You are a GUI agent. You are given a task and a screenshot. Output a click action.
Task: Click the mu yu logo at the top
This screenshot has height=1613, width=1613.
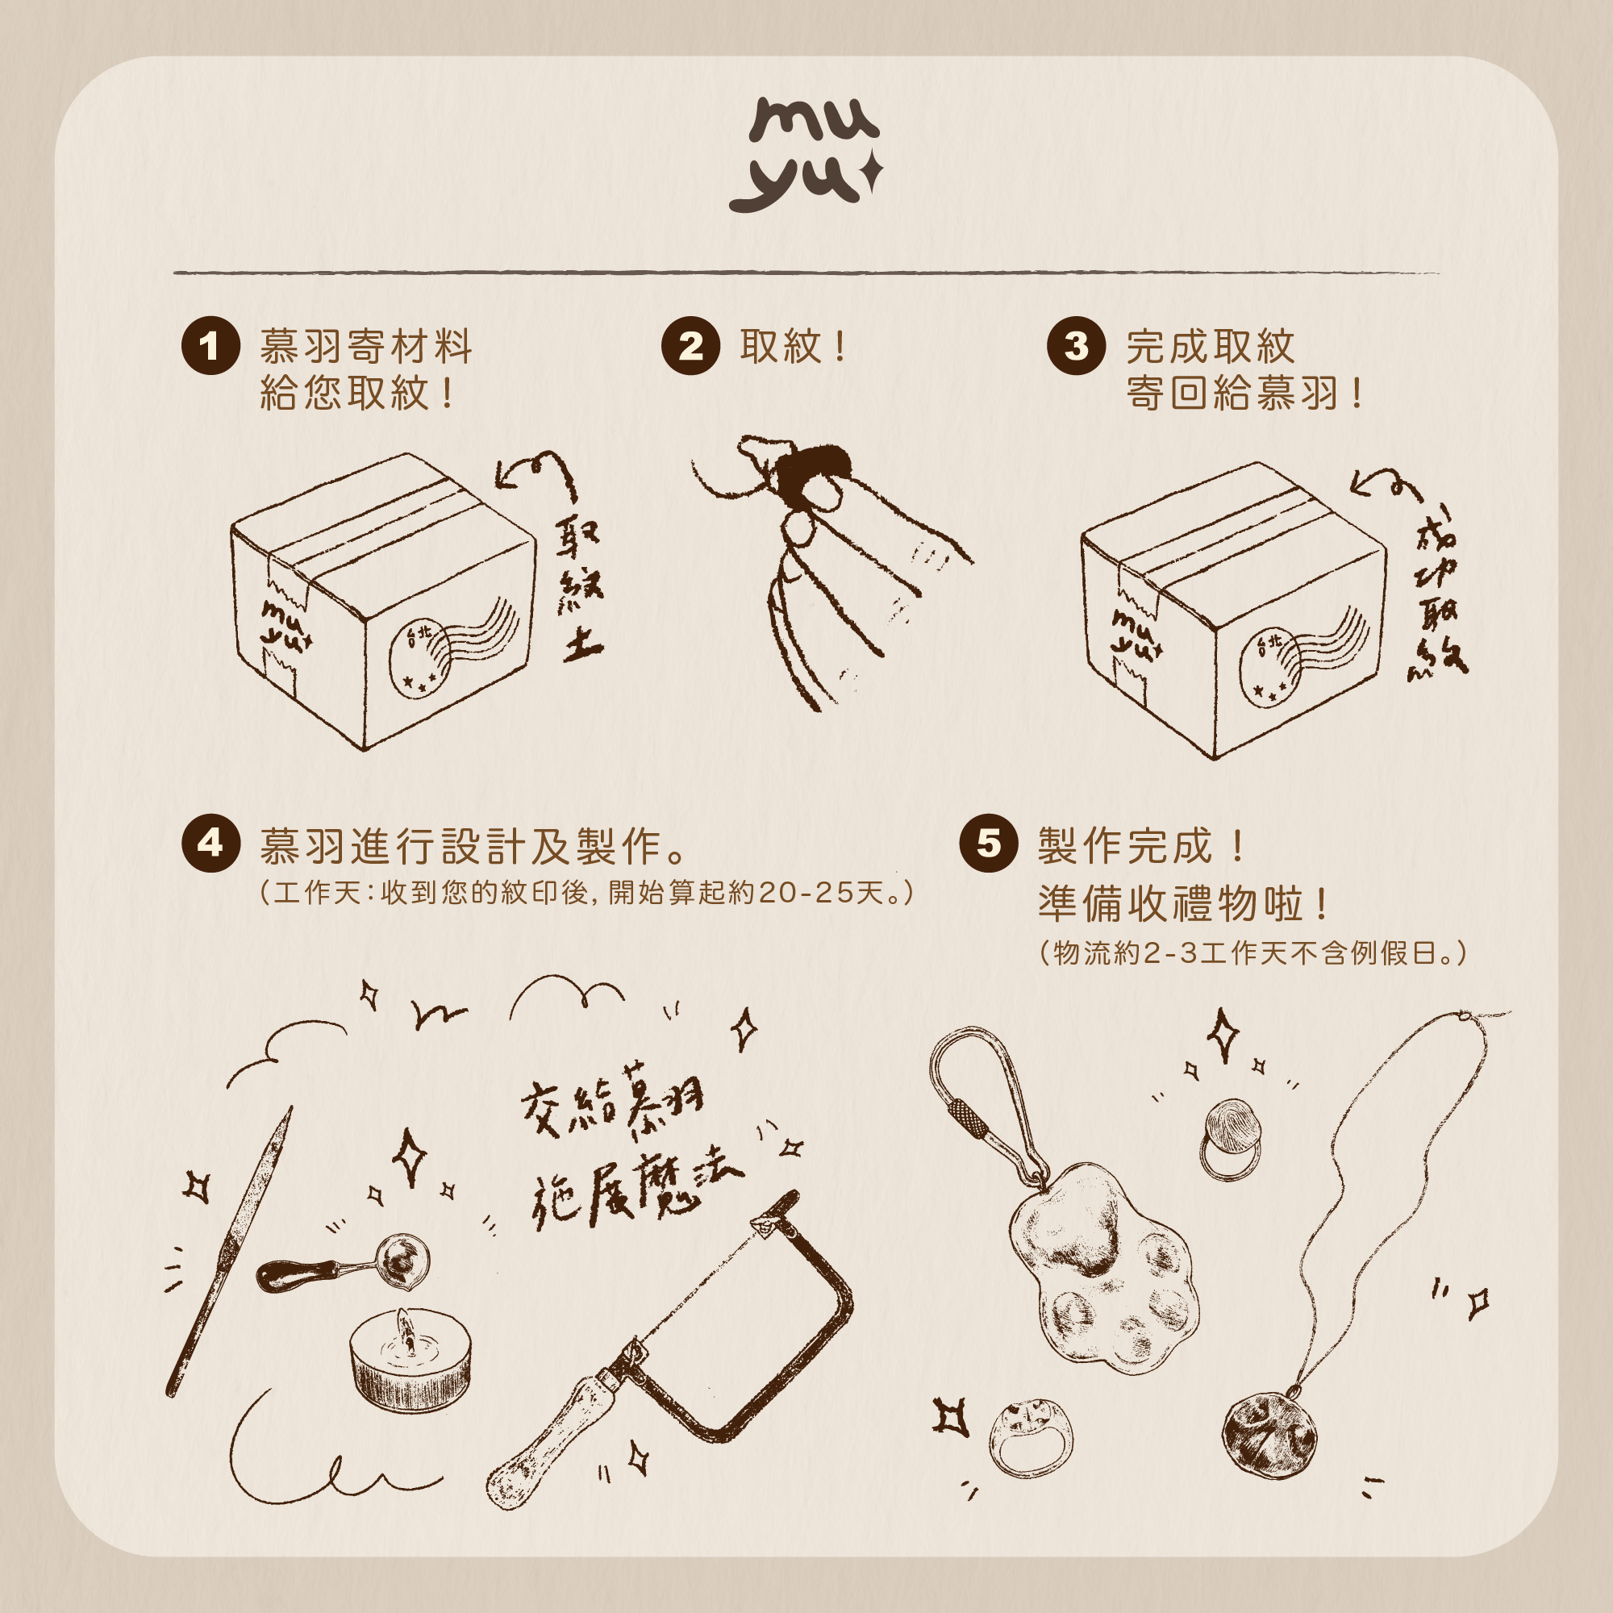coord(805,156)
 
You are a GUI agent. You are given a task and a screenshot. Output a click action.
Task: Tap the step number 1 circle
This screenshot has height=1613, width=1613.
coord(210,346)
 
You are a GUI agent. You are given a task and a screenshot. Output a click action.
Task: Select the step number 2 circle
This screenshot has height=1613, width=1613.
coord(690,346)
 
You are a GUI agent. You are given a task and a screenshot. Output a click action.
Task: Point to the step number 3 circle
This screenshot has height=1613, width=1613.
coord(1076,346)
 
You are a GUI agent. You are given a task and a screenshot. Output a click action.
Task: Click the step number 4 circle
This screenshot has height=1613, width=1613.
coord(210,844)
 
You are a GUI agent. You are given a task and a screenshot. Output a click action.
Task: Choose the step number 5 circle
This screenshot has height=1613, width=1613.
coord(989,844)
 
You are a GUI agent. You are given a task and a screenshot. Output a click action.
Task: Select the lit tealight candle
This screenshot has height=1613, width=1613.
coord(409,1361)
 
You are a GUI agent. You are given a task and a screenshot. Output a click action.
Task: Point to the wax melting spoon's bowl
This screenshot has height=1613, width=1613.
coord(403,1261)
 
